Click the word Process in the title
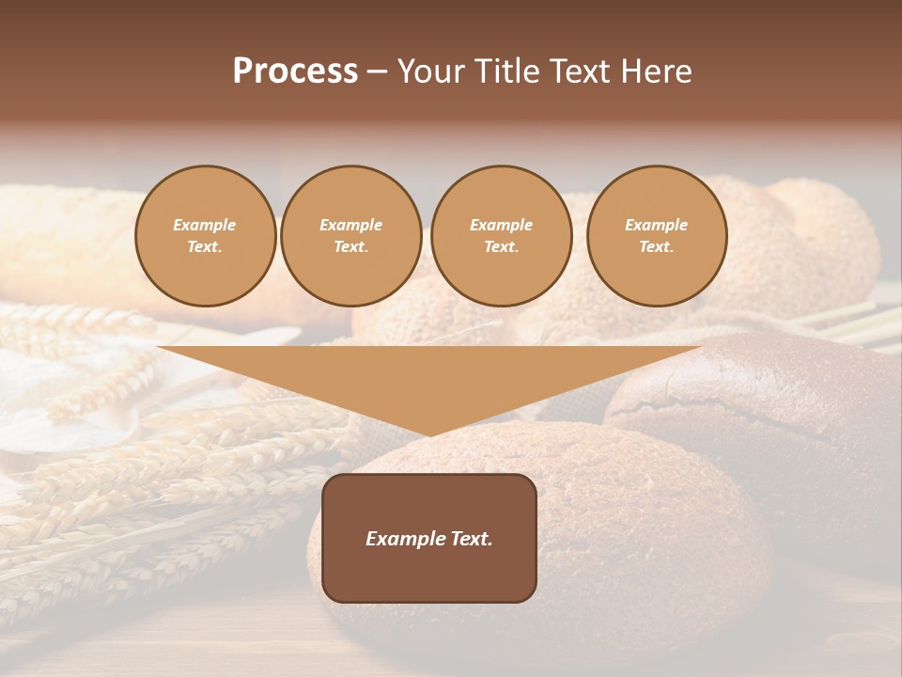295,71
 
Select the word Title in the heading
509,71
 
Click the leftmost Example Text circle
205,236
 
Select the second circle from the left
350,236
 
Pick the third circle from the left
501,236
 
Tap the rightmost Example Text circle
656,236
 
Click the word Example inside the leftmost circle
205,225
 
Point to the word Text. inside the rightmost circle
656,247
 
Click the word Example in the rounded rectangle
405,539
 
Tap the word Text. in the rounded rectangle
470,539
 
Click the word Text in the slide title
583,71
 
